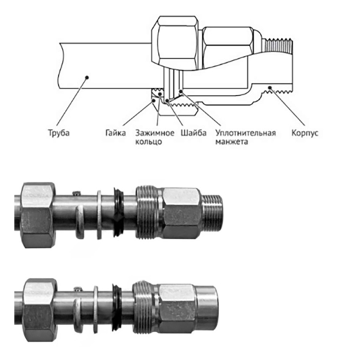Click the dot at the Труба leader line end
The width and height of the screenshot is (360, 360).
coord(86,77)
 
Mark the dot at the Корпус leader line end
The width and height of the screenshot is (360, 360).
coord(271,89)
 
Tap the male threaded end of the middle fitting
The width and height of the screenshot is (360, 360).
coord(214,210)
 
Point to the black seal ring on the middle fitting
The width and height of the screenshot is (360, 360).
coord(119,210)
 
